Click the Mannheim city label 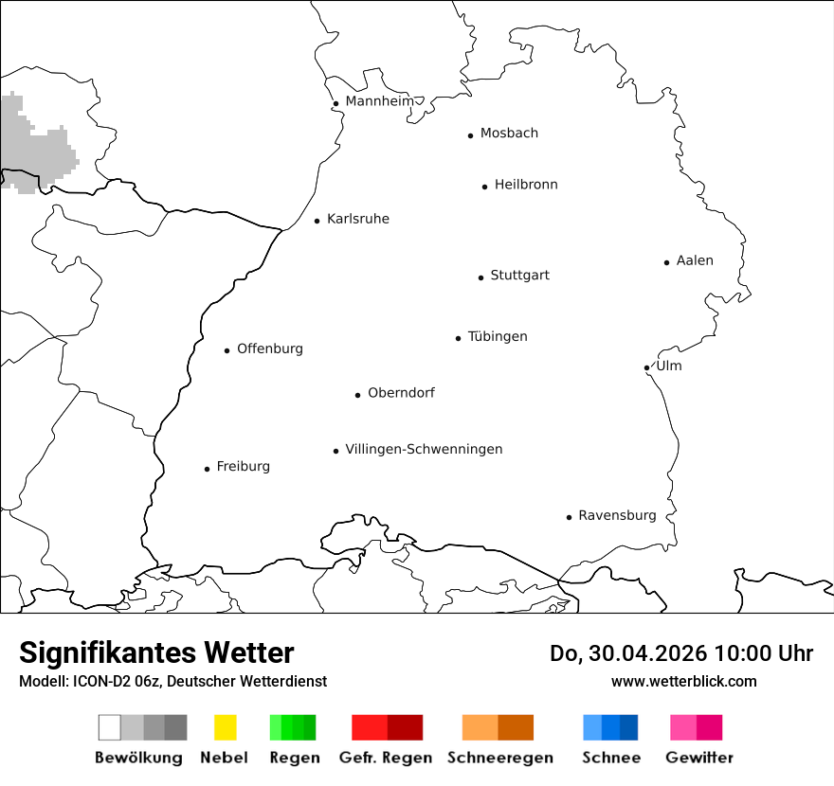[379, 101]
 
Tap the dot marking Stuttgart [480, 277]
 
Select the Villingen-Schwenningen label [424, 449]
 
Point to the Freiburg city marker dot [207, 469]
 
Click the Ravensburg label [617, 515]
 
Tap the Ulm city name [669, 366]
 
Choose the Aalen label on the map [695, 260]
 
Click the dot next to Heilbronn [484, 187]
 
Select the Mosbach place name [509, 133]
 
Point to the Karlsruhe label [358, 219]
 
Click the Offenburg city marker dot [227, 350]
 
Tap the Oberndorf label [401, 392]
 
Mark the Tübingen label [498, 336]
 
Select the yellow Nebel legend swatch [225, 727]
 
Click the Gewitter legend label [699, 758]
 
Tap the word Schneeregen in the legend [499, 758]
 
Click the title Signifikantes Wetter [156, 652]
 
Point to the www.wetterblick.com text [683, 681]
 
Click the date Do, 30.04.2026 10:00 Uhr [681, 653]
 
